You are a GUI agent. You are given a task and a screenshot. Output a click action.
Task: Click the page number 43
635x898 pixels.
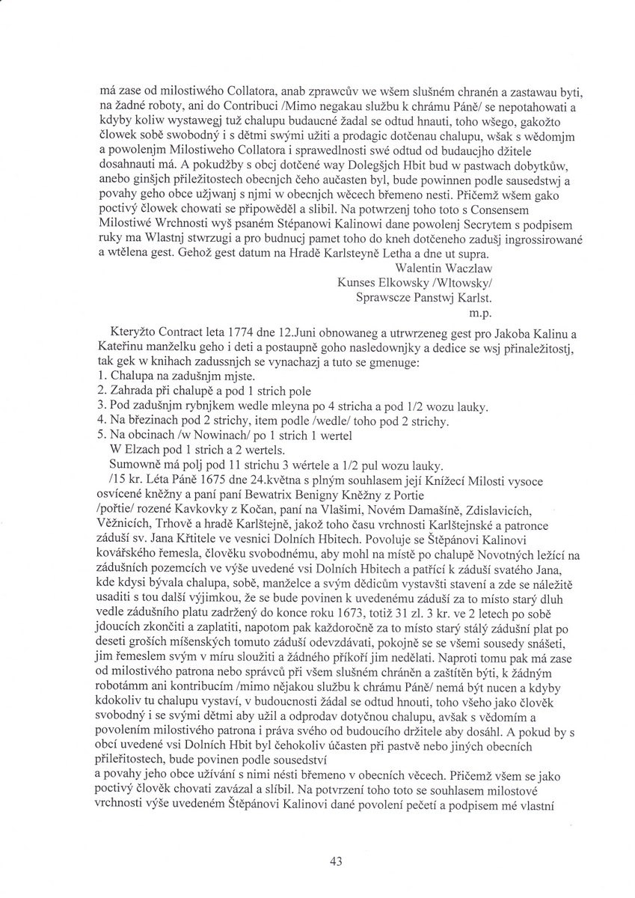pos(335,861)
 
